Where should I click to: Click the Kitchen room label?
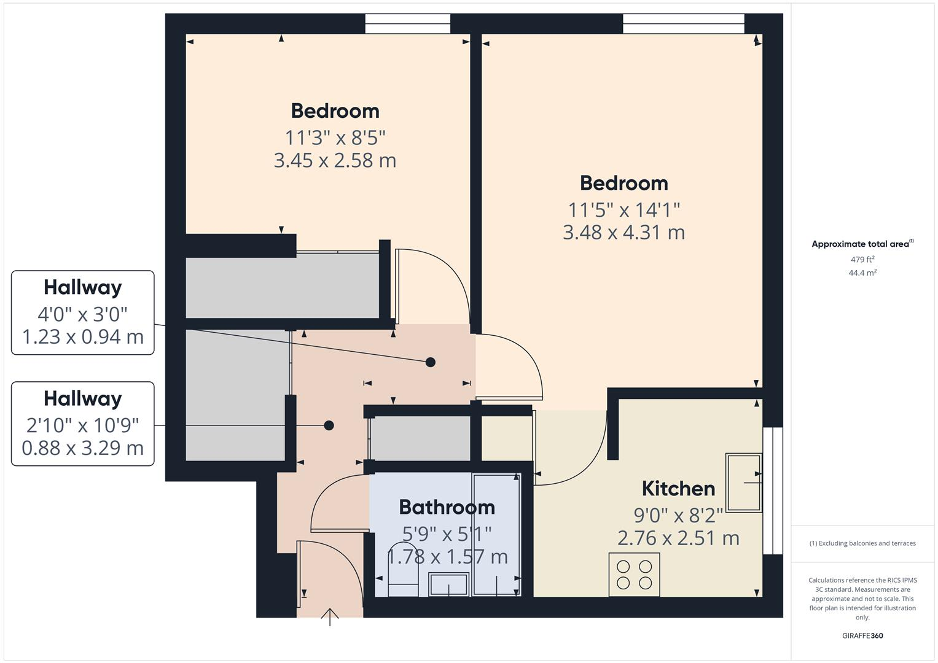click(x=678, y=489)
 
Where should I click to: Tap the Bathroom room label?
click(x=447, y=507)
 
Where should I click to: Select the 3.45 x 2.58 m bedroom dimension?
click(x=335, y=160)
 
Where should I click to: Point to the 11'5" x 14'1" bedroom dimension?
click(x=623, y=210)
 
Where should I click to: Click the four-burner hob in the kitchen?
click(x=634, y=575)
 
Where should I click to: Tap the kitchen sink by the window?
click(x=744, y=483)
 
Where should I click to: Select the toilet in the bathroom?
click(x=404, y=570)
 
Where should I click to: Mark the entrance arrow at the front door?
click(x=330, y=616)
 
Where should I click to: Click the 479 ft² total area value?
click(x=862, y=260)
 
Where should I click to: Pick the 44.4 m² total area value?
click(x=862, y=273)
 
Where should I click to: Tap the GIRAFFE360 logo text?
click(x=862, y=635)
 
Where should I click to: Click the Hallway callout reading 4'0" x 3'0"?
click(x=83, y=312)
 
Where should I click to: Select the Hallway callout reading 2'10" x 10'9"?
click(x=83, y=424)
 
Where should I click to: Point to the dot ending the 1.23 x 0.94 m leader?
click(x=431, y=362)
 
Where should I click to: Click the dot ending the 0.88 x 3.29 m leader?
click(x=329, y=425)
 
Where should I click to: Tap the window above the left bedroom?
click(x=407, y=24)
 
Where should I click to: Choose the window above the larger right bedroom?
click(x=683, y=24)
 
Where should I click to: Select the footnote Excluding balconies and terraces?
click(x=862, y=543)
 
